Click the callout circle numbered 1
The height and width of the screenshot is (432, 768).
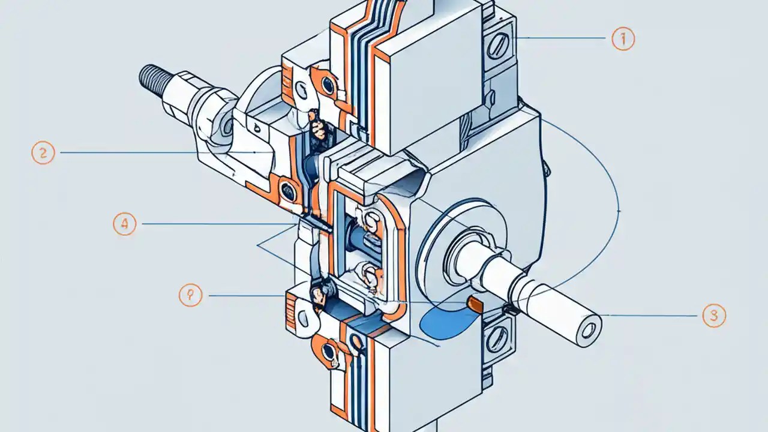click(x=623, y=40)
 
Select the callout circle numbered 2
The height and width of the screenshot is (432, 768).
click(x=43, y=153)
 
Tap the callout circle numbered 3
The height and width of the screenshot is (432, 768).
click(x=713, y=316)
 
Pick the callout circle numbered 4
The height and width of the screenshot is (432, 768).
click(x=124, y=224)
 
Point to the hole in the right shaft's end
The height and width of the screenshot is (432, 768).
click(x=589, y=328)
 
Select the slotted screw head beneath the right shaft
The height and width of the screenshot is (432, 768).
click(x=497, y=339)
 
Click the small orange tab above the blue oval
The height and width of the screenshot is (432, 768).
click(x=475, y=304)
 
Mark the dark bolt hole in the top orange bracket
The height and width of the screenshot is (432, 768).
click(x=328, y=85)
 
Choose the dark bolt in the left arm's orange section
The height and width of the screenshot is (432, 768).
click(x=289, y=190)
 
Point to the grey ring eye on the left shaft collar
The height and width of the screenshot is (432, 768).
click(x=229, y=125)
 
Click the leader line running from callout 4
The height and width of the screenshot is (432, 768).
click(x=210, y=224)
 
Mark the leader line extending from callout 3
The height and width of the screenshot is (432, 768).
click(x=654, y=316)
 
